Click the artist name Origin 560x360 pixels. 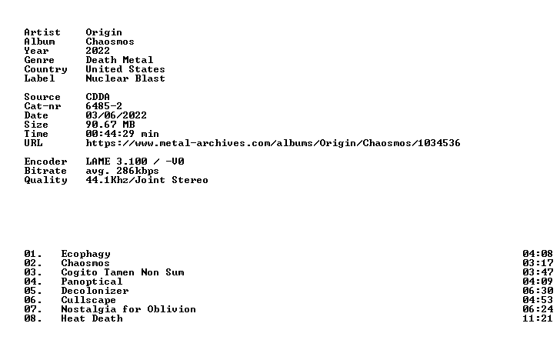coord(104,32)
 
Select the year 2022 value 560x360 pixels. coord(98,51)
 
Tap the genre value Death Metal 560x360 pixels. coord(119,60)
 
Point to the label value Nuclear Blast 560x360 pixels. coord(125,78)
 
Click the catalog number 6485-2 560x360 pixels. coord(104,106)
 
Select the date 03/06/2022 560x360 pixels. coord(116,115)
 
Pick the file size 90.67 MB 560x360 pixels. coord(110,125)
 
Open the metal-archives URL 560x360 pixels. coord(273,143)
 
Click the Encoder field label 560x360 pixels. coord(45,162)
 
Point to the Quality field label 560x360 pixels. coord(45,180)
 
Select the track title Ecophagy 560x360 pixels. coord(85,255)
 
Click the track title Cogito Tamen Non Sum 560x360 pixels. coord(122,272)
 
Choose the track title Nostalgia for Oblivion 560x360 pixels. coord(128,309)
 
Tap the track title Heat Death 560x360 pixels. coord(92,318)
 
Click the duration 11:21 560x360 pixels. coord(538,318)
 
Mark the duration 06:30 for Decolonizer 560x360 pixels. coord(538,291)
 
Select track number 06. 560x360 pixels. coord(33,300)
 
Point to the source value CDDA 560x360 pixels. coord(98,97)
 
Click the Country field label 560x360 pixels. coord(45,69)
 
